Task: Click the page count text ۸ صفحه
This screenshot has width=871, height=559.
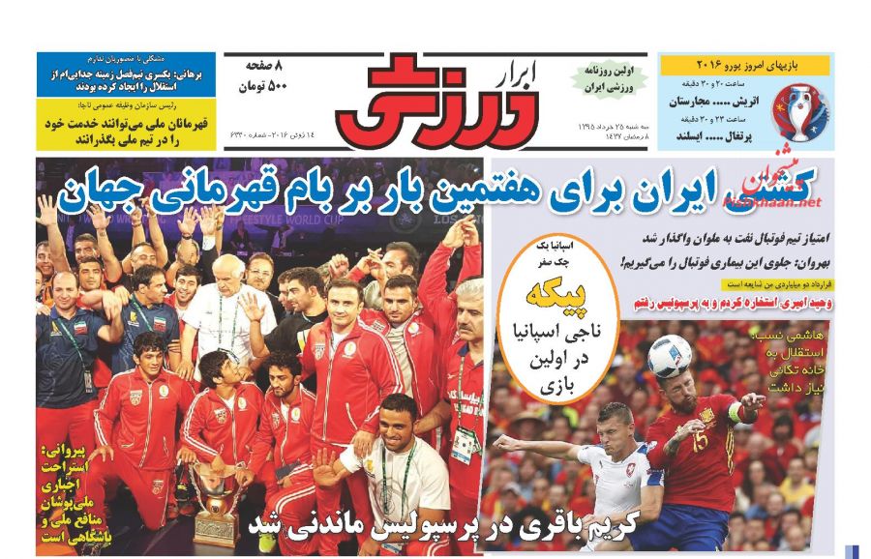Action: (x=270, y=67)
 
